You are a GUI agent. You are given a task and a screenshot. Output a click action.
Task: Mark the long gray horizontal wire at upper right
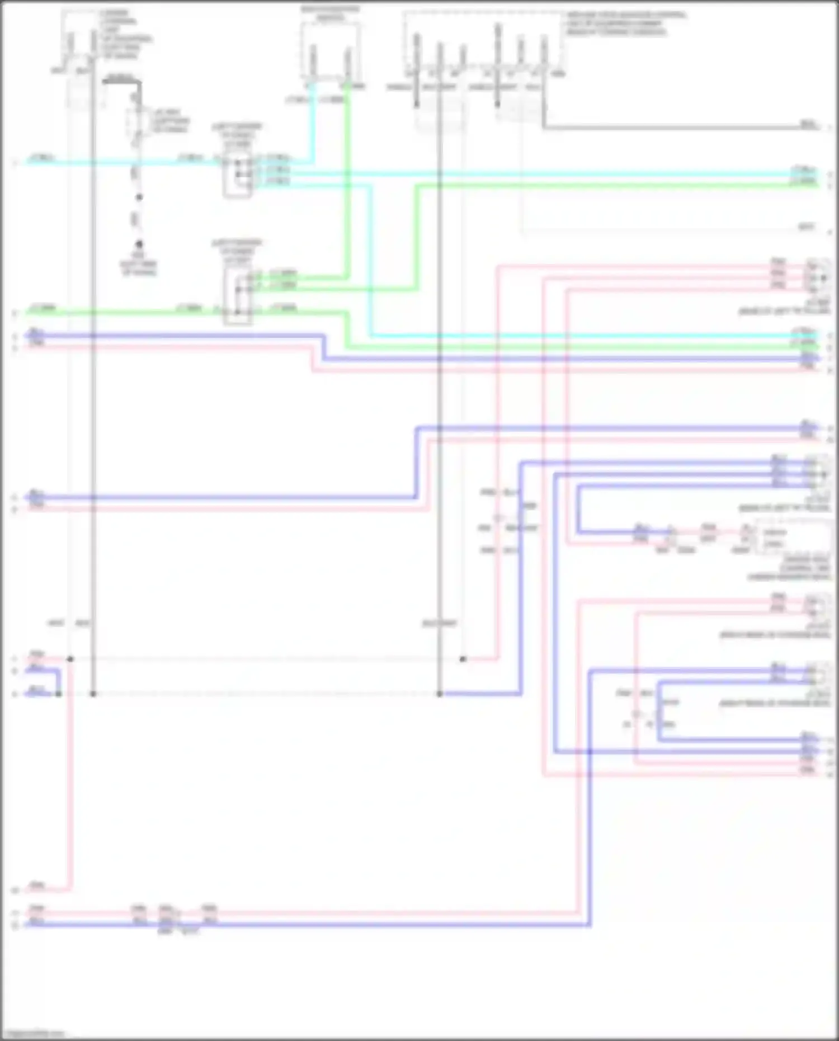click(671, 128)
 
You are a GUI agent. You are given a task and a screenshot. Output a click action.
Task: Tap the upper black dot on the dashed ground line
click(139, 197)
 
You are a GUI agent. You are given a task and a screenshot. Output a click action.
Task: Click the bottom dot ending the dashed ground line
click(139, 244)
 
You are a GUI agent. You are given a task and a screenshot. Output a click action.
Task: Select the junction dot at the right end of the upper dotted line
click(463, 660)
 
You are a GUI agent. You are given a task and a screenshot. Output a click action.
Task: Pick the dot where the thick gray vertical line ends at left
click(93, 694)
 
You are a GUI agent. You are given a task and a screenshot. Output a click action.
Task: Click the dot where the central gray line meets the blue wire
click(440, 694)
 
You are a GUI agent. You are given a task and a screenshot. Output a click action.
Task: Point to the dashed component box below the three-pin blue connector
click(791, 537)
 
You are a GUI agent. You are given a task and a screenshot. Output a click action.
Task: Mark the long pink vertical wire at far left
click(70, 783)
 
